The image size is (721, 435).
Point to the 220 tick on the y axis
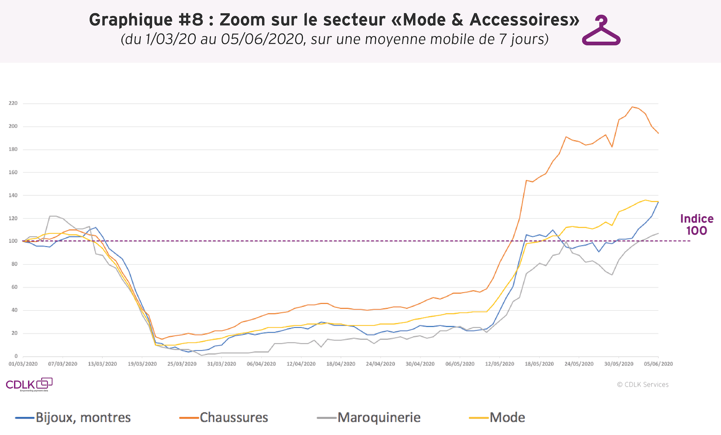coord(13,103)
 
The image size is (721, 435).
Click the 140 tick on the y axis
coord(13,195)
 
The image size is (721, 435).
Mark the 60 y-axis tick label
coord(14,287)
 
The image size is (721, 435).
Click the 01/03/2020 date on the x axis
coord(23,364)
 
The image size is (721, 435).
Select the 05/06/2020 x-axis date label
coord(658,364)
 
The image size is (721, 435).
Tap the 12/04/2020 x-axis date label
coord(301,364)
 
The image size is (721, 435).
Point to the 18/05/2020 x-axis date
coord(539,364)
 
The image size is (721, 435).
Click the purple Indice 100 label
coord(696,225)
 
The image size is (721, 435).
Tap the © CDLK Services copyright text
coord(643,384)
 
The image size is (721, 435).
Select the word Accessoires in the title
coord(524,20)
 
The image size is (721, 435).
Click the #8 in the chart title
coord(191,20)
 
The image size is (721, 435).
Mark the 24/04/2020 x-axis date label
coord(381,364)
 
